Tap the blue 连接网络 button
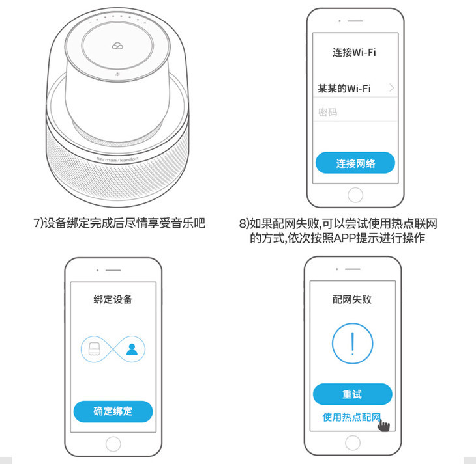tap(355, 163)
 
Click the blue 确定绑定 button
tap(113, 411)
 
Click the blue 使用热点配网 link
tap(351, 417)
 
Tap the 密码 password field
tap(355, 113)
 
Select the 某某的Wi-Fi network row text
tap(344, 89)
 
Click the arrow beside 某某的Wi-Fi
tap(392, 88)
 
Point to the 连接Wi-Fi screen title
tap(354, 53)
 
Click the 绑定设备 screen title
tap(113, 299)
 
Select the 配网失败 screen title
tap(352, 299)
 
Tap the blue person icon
tap(132, 349)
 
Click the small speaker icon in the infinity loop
tap(94, 349)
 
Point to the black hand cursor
tap(383, 425)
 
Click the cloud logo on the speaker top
tap(117, 46)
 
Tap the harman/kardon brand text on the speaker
tap(117, 159)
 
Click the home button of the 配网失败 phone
tap(353, 443)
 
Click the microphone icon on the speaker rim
tap(117, 74)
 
